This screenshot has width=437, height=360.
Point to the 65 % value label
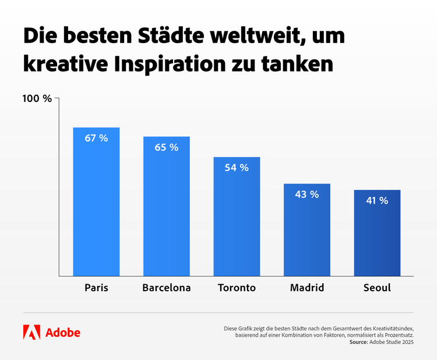[x=167, y=147]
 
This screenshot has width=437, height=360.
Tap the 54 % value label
[x=237, y=168]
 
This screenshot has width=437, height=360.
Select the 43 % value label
[x=306, y=195]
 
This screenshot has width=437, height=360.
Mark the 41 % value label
[x=377, y=200]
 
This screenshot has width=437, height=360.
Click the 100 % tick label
[x=37, y=98]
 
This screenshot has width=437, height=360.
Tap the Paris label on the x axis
[x=96, y=288]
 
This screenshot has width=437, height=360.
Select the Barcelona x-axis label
[x=167, y=288]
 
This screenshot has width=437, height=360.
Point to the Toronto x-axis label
[x=237, y=288]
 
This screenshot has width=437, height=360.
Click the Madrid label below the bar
[x=306, y=288]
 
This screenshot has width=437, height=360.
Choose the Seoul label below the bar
[x=377, y=288]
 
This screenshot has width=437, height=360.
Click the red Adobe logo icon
[x=31, y=332]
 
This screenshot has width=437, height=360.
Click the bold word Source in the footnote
[x=358, y=343]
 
